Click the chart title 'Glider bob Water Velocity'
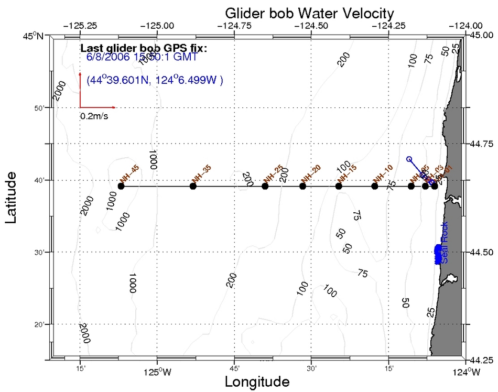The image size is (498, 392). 309,12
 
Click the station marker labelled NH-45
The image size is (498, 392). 121,186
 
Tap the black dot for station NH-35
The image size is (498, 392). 193,186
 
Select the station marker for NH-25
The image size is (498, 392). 265,186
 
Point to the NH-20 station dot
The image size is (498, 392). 302,186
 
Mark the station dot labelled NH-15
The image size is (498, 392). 339,186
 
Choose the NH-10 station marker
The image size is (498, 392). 374,186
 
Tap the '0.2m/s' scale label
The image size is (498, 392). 94,116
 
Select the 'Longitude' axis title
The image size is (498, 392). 257,382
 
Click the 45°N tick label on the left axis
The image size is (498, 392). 37,36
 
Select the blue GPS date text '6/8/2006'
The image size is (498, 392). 108,57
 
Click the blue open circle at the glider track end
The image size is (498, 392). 409,159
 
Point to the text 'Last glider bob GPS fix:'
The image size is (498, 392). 144,48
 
